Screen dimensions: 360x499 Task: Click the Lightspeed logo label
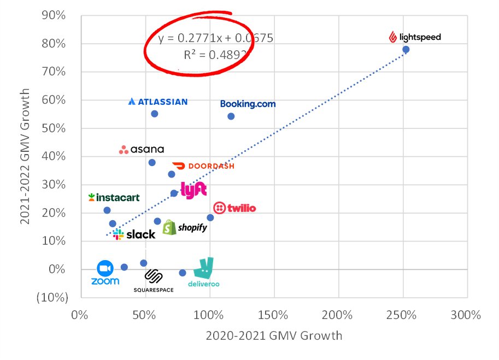414,37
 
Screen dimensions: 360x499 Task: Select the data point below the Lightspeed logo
406,49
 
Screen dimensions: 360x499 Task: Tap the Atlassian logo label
158,102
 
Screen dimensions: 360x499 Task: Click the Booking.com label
248,104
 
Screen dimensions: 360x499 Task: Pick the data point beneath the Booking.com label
231,116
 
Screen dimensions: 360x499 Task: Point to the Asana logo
142,150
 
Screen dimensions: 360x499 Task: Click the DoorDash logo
203,166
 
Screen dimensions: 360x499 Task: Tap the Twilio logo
234,208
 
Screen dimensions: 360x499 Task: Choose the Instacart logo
114,198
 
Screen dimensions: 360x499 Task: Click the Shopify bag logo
169,227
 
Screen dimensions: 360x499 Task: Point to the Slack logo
134,234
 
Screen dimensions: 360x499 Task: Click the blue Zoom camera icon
104,269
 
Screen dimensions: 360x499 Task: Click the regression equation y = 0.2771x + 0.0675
215,38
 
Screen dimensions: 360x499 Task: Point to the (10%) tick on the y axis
53,298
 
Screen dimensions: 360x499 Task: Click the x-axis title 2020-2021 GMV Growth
274,335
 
